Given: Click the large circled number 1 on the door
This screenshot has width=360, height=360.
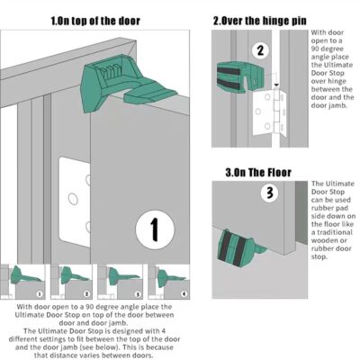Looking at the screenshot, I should click(154, 230).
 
